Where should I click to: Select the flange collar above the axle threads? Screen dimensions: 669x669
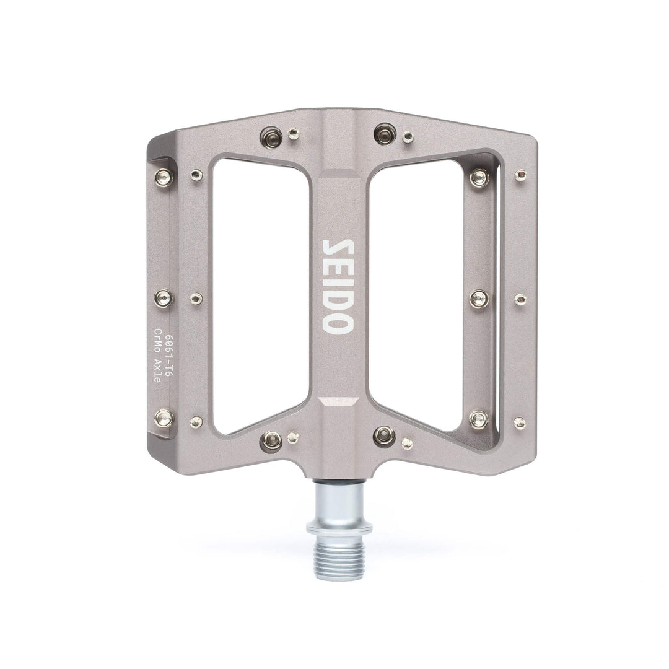339,528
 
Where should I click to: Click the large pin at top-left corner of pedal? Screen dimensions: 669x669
164,178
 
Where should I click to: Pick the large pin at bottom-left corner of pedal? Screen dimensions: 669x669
164,418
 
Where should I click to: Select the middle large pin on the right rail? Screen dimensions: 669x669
479,299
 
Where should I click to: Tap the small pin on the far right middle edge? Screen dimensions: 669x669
520,300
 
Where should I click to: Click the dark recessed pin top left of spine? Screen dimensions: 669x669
271,136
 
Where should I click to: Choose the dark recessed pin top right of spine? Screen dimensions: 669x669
385,133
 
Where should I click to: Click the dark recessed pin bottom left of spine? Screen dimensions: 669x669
271,440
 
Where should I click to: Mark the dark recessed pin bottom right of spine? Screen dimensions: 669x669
384,436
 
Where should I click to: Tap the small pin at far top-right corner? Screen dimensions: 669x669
520,175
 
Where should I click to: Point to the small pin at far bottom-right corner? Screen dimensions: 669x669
519,423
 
